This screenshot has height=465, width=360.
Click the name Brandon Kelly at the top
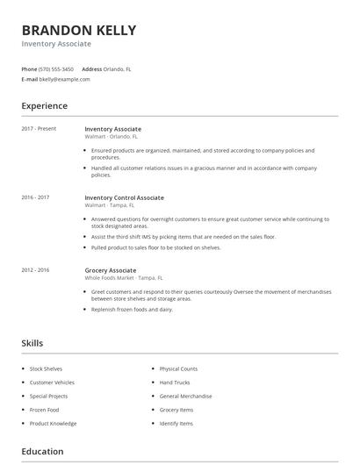coord(79,31)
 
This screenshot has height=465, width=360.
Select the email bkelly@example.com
coord(65,79)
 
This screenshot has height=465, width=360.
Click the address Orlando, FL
coord(118,68)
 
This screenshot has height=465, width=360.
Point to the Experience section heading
coord(45,106)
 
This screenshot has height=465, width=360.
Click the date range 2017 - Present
coord(39,129)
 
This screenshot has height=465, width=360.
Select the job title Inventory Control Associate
coord(124,197)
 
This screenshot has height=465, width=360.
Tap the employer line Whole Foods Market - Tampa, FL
coord(123,277)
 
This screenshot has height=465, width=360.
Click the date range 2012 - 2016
coord(36,270)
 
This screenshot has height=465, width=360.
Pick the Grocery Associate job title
coord(111,270)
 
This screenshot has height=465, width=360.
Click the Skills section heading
coord(32,343)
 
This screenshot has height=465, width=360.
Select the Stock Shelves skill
coord(47,369)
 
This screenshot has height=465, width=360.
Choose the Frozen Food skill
coord(45,410)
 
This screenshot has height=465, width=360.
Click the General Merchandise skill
coord(185,397)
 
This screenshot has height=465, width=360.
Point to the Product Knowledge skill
coord(53,424)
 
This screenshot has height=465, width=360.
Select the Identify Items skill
coord(176,424)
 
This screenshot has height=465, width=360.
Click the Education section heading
coord(42,452)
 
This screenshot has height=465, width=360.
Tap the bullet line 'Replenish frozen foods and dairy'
coord(133,310)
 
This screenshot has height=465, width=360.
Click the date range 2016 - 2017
coord(36,197)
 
